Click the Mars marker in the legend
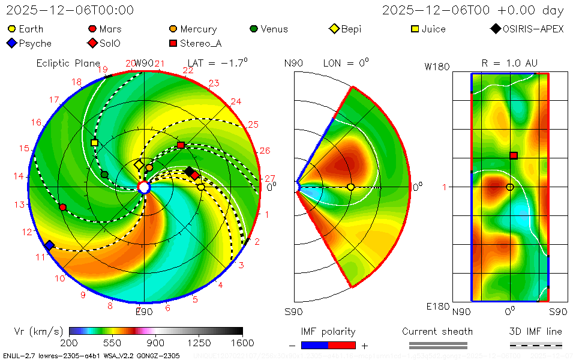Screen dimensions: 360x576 click(x=92, y=29)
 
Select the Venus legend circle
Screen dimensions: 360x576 click(x=254, y=29)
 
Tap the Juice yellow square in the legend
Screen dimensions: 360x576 click(x=415, y=29)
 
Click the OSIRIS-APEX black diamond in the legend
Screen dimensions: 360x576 click(x=495, y=29)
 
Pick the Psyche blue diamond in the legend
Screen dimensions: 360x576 click(x=11, y=43)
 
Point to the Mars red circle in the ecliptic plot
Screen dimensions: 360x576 click(x=63, y=207)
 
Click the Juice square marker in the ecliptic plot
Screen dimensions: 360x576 click(x=94, y=143)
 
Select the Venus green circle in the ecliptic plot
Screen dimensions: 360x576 click(x=104, y=175)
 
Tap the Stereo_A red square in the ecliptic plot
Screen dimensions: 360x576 click(x=181, y=145)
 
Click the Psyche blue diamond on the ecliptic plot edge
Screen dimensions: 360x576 click(x=49, y=245)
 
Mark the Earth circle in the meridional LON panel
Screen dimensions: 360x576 click(x=351, y=187)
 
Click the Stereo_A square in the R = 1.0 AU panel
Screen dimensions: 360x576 click(x=514, y=155)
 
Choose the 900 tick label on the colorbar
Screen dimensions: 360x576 click(x=156, y=343)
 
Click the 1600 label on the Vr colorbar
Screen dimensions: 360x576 click(x=242, y=343)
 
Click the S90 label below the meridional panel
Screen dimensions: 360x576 click(x=294, y=312)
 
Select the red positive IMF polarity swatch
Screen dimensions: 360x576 click(x=342, y=345)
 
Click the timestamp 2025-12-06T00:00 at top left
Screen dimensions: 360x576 click(x=70, y=10)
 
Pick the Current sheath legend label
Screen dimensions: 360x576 click(x=437, y=331)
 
